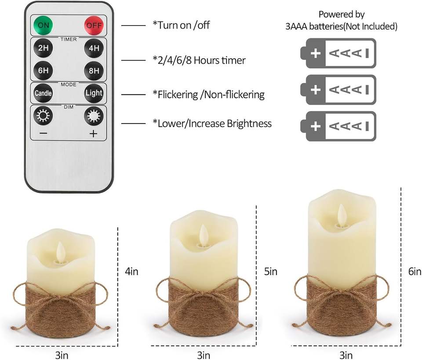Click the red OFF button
tap(93, 25)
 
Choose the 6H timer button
tap(43, 70)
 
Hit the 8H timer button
tap(94, 70)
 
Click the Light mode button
tap(94, 93)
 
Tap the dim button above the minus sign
tap(43, 116)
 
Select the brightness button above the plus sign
tap(93, 116)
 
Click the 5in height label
tap(271, 272)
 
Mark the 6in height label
tap(415, 272)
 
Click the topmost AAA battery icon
tap(338, 53)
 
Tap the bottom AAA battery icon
tap(338, 126)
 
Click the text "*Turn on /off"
tap(181, 25)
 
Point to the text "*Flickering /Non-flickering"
tap(208, 94)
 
